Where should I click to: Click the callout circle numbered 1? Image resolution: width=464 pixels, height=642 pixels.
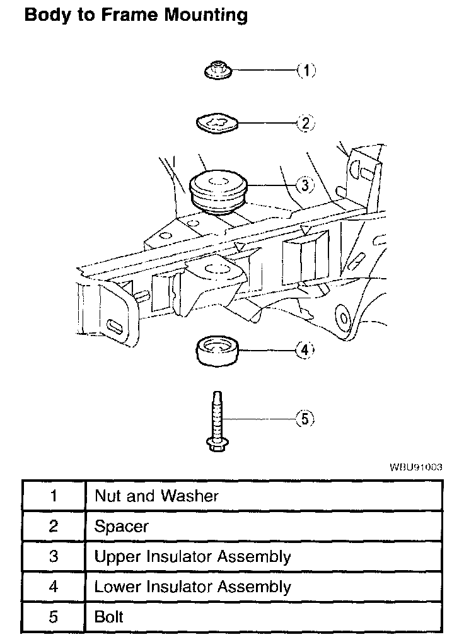(x=306, y=71)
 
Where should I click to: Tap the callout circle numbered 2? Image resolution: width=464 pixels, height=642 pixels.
(x=305, y=124)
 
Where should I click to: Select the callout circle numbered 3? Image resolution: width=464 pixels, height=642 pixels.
(x=304, y=185)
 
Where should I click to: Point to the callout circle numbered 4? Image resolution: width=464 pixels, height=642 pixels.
(x=304, y=350)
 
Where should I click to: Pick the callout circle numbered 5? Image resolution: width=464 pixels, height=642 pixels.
(x=304, y=419)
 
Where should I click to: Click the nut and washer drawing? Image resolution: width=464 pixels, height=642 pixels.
(x=217, y=71)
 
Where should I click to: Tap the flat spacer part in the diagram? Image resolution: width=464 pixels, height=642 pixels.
(x=217, y=124)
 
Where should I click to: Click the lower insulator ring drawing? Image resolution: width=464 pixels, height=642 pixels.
(x=218, y=351)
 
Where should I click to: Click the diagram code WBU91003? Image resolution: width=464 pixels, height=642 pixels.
(x=416, y=467)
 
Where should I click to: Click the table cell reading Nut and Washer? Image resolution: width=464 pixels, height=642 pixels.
(x=156, y=496)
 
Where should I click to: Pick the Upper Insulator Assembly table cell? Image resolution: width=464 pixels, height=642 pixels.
(x=192, y=556)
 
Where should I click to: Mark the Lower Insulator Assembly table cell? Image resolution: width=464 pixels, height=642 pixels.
(x=192, y=587)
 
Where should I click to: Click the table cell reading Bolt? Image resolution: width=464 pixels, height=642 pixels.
(x=109, y=617)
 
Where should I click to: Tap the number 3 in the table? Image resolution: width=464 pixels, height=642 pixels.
(x=54, y=556)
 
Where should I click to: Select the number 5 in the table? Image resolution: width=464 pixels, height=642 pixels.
(x=54, y=617)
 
